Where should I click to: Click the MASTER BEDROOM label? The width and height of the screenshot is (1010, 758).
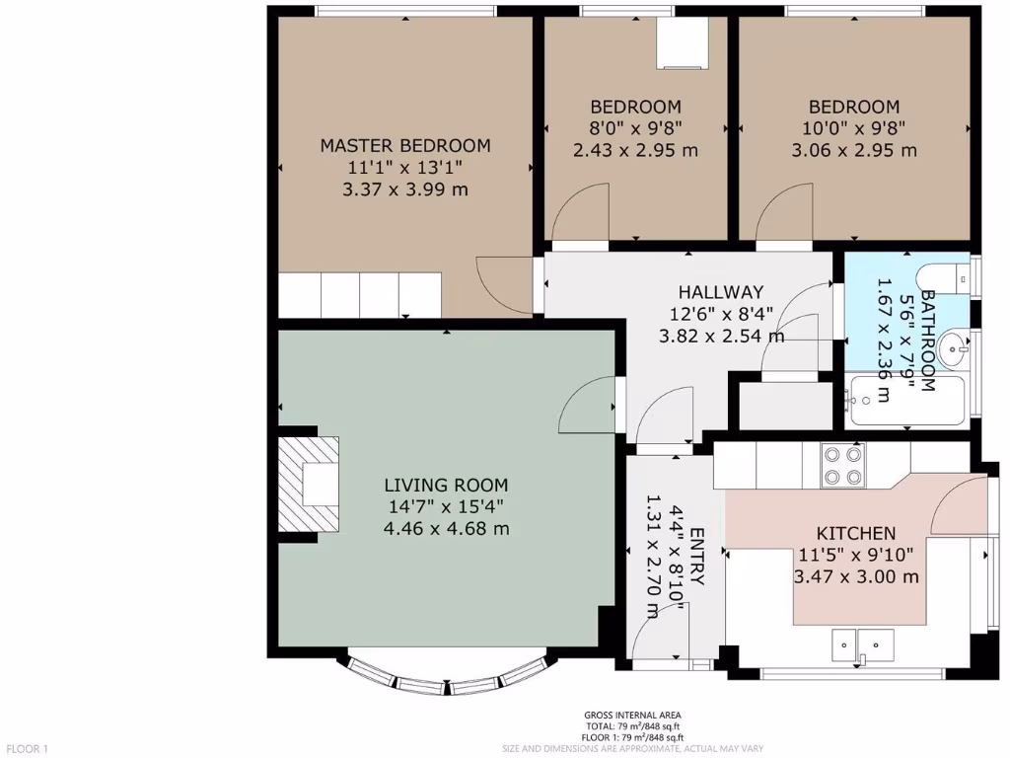[404, 145]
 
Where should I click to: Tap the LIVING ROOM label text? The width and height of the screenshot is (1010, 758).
[446, 485]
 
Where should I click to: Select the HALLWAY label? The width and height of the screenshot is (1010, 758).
[720, 292]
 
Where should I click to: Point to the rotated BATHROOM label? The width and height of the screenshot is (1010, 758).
[927, 341]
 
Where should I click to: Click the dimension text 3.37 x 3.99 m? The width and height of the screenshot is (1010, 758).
[404, 189]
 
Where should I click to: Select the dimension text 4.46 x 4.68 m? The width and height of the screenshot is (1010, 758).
[446, 528]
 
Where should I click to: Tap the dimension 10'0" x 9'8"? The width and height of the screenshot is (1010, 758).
[854, 128]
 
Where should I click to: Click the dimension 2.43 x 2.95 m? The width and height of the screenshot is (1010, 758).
[635, 150]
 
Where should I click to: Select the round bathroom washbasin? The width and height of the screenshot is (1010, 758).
[953, 345]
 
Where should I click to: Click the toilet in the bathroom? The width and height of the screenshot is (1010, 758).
[944, 279]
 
